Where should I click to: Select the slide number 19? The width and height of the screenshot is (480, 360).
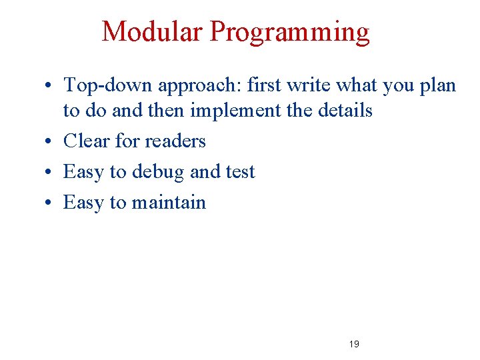click(x=354, y=344)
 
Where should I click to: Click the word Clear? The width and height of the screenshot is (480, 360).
click(x=87, y=141)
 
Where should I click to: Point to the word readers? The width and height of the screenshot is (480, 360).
click(x=175, y=141)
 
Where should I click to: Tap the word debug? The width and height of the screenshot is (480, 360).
click(x=159, y=173)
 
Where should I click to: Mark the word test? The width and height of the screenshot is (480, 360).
click(x=240, y=172)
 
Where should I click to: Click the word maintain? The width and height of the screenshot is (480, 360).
click(x=169, y=202)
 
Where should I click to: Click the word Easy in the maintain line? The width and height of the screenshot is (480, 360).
click(x=84, y=203)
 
